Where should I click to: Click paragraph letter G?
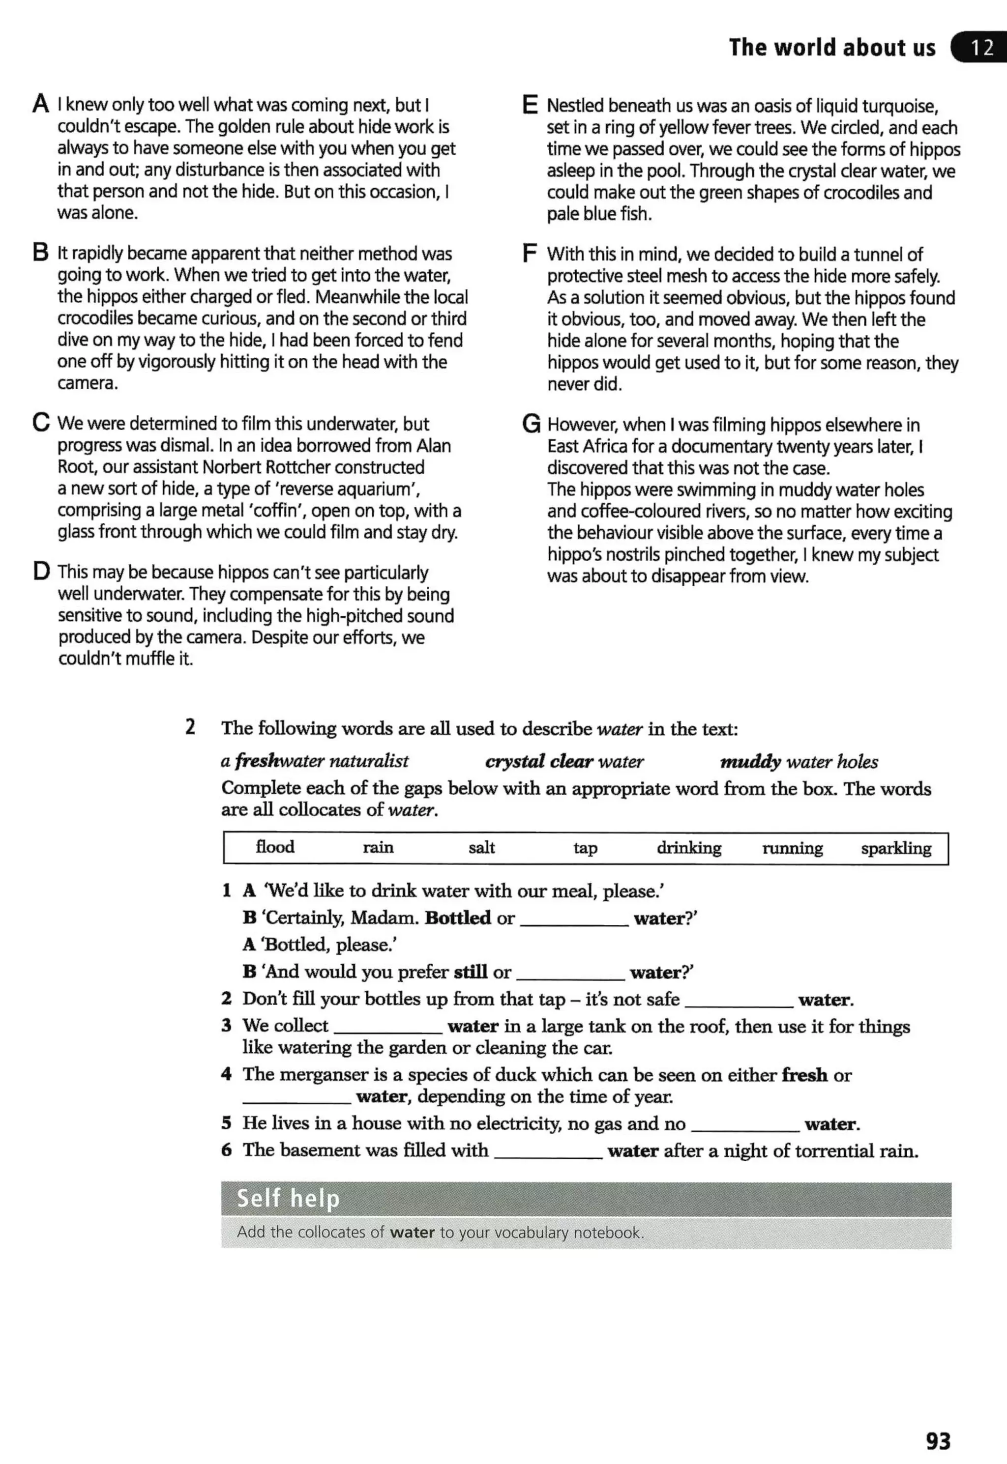pos(531,424)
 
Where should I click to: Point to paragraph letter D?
pos(41,571)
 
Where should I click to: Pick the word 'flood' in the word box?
pos(274,847)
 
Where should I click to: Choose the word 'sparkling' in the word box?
pos(895,848)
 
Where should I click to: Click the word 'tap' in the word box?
pos(585,848)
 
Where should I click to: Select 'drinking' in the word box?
pos(688,848)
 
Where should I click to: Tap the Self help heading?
pos(288,1198)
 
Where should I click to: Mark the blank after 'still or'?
pos(570,974)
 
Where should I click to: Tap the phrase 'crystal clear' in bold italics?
pos(538,761)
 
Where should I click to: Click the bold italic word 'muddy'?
pos(750,762)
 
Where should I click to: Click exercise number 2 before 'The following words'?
pos(190,727)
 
